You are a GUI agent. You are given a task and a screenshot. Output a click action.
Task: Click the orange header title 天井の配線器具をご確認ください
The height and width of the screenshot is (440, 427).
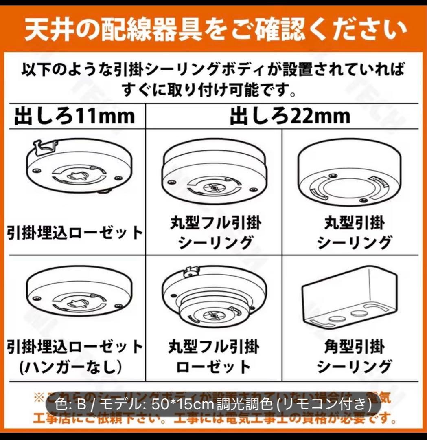213,30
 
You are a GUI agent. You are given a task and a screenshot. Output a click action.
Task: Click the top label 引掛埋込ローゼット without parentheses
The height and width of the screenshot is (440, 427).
75,233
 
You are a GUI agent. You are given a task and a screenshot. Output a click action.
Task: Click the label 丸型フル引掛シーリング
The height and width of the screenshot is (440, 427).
215,233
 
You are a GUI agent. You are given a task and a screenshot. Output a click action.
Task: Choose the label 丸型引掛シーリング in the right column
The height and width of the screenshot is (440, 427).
354,233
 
